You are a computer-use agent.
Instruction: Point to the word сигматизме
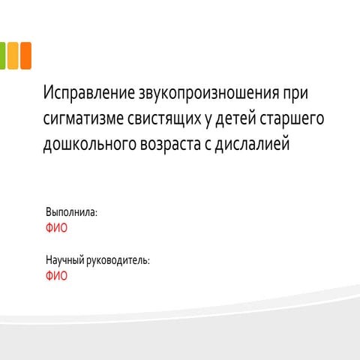click(x=83, y=119)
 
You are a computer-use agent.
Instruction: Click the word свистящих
click(x=164, y=119)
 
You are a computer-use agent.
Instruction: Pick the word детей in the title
click(x=235, y=118)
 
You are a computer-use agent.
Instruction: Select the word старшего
click(x=292, y=119)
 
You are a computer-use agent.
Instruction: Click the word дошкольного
click(x=90, y=145)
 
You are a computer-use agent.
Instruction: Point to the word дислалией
click(x=253, y=143)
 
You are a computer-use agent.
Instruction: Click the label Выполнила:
click(x=71, y=212)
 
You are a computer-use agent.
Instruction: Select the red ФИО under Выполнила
click(x=56, y=228)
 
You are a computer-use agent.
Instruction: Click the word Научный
click(x=65, y=260)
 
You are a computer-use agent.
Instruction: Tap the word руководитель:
click(x=118, y=260)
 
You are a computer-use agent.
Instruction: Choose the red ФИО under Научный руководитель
click(x=56, y=276)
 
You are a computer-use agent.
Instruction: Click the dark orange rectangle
click(x=26, y=55)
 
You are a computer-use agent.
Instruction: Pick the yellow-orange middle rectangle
click(x=13, y=55)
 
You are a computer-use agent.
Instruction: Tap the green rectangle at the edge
click(x=2, y=55)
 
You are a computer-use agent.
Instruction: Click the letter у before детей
click(x=208, y=121)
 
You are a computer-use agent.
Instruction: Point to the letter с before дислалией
click(x=208, y=145)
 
